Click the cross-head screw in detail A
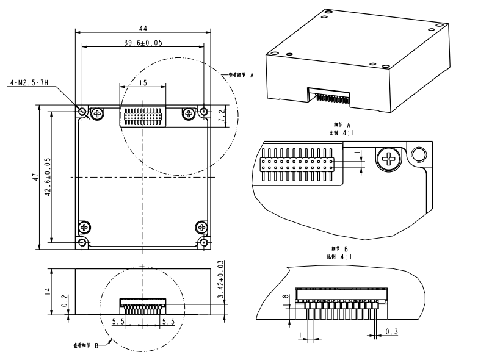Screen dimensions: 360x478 [x=388, y=160]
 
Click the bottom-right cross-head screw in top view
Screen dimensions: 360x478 [x=201, y=228]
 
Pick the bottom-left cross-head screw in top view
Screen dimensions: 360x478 [x=84, y=228]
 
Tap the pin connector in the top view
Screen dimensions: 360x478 [x=143, y=116]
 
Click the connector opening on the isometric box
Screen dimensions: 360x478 [x=329, y=96]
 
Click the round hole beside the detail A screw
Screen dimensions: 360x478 [x=418, y=156]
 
